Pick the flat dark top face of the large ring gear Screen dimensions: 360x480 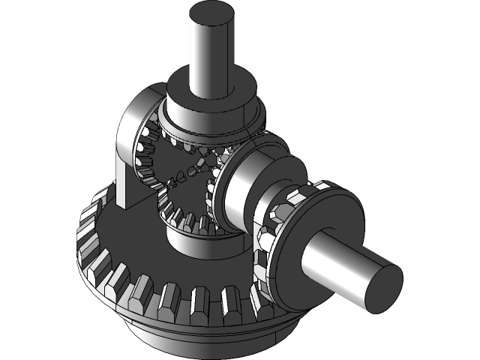135,240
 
